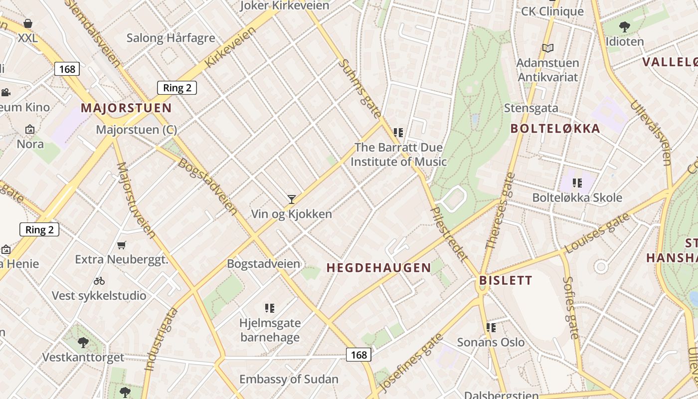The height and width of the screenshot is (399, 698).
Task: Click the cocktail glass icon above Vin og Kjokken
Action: pyautogui.click(x=292, y=199)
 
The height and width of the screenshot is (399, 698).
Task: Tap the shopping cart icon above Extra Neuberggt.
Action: pyautogui.click(x=121, y=245)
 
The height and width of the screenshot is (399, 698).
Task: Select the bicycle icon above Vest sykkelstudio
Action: pyautogui.click(x=99, y=281)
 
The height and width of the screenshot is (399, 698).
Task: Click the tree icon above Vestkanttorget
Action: pyautogui.click(x=83, y=343)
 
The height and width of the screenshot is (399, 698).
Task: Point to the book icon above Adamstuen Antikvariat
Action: pyautogui.click(x=548, y=48)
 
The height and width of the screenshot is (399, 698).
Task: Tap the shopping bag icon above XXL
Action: pyautogui.click(x=28, y=23)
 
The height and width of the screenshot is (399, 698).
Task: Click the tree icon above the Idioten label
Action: pyautogui.click(x=624, y=27)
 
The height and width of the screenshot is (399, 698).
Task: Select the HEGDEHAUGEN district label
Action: pyautogui.click(x=379, y=268)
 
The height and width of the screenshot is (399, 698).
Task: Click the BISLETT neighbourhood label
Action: pyautogui.click(x=506, y=280)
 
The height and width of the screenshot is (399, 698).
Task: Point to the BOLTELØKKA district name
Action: pyautogui.click(x=555, y=129)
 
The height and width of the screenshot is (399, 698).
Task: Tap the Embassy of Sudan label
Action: pyautogui.click(x=289, y=379)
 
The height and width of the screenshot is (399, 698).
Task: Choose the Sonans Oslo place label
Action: pyautogui.click(x=491, y=343)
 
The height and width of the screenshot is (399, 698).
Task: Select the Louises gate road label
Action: pyautogui.click(x=597, y=233)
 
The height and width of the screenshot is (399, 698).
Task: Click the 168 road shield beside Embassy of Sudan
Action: pyautogui.click(x=358, y=355)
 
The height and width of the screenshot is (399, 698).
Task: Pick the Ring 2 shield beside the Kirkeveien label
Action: pyautogui.click(x=177, y=88)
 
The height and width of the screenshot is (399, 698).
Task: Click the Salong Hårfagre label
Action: pyautogui.click(x=171, y=38)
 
